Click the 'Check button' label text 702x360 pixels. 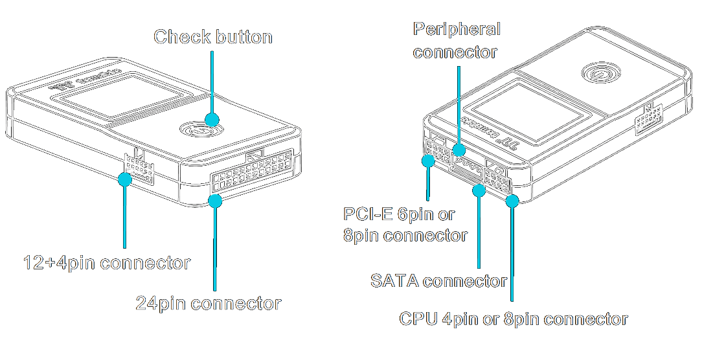(x=212, y=37)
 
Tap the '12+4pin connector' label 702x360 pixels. (x=106, y=264)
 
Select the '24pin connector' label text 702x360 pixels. (x=209, y=303)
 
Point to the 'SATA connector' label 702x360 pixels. (x=438, y=281)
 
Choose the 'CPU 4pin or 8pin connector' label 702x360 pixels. (x=514, y=319)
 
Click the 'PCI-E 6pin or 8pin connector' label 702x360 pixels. (x=405, y=224)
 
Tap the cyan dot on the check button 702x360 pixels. (x=212, y=119)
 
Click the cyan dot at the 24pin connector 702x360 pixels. (x=215, y=201)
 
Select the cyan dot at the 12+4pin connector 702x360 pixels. (x=124, y=179)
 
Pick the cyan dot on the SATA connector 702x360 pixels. (x=479, y=190)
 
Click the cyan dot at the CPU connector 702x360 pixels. (x=512, y=201)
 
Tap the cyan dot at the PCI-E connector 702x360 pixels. (x=428, y=161)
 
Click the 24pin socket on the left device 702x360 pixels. (x=250, y=172)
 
